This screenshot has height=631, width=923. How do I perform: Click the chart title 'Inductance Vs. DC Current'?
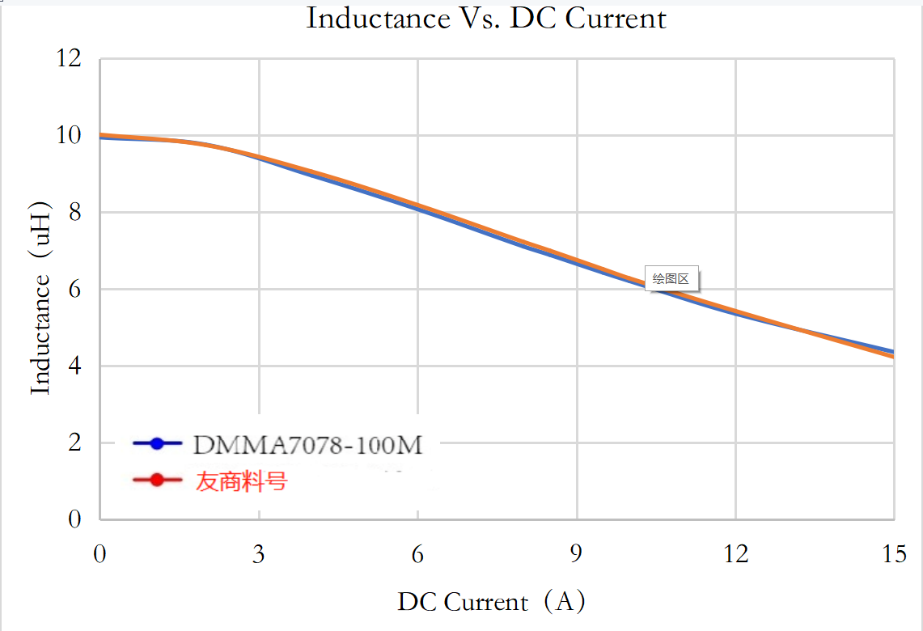pyautogui.click(x=486, y=19)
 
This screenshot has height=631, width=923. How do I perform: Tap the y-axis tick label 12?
pyautogui.click(x=70, y=59)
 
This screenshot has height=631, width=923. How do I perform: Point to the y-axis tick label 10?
pyautogui.click(x=70, y=136)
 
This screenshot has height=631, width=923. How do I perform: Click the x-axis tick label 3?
pyautogui.click(x=259, y=555)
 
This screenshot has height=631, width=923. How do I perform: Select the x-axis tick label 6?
pyautogui.click(x=417, y=555)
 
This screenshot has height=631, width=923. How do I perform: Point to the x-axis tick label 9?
pyautogui.click(x=577, y=555)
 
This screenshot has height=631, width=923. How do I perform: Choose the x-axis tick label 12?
pyautogui.click(x=735, y=555)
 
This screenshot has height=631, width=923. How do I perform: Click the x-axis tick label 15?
pyautogui.click(x=894, y=555)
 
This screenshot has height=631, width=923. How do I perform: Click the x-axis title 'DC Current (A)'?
pyautogui.click(x=491, y=602)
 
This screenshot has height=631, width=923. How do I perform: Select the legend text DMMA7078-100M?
pyautogui.click(x=308, y=444)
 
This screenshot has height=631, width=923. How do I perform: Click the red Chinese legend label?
pyautogui.click(x=241, y=481)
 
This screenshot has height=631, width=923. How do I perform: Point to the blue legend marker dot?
pyautogui.click(x=158, y=443)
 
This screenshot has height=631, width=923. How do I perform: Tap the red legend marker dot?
pyautogui.click(x=158, y=481)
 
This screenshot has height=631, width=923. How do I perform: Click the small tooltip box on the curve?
pyautogui.click(x=671, y=279)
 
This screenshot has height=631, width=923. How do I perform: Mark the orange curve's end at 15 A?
pyautogui.click(x=892, y=356)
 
